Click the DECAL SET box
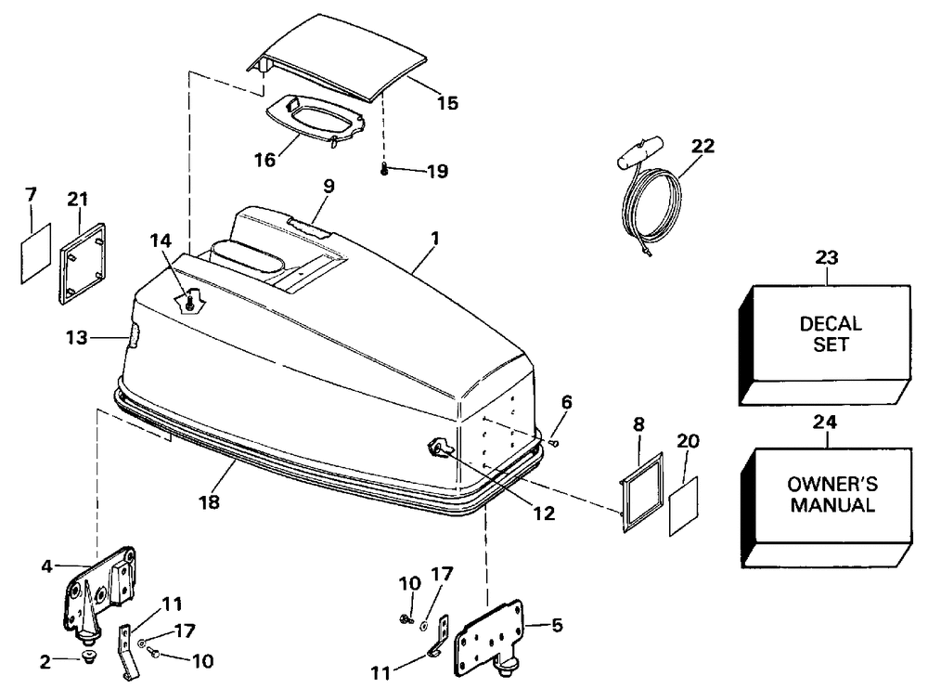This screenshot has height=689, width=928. pos(831,339)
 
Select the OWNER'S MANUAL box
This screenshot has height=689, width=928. pos(831,497)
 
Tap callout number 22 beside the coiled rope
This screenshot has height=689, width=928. pos(703,146)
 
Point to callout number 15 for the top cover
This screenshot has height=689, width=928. pos(447,103)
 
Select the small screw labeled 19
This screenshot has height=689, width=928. pos(384,169)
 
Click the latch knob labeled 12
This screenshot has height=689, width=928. pos(437,449)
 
